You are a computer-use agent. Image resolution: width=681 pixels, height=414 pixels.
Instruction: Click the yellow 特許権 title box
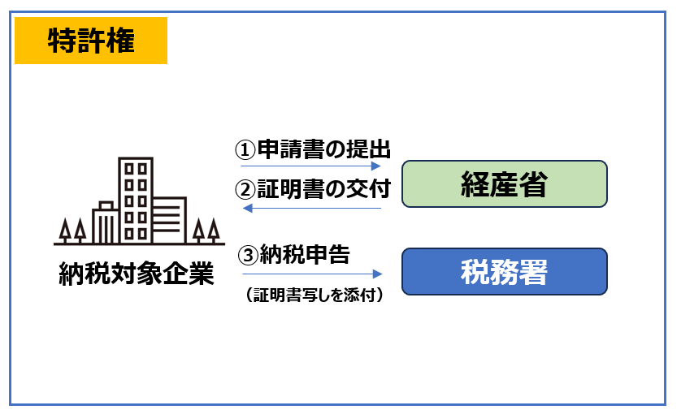91,41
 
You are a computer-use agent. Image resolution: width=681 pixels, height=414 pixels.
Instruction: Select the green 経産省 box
504,183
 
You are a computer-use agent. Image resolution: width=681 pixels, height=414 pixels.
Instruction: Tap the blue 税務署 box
504,272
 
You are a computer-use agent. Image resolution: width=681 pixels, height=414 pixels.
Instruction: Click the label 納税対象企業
137,274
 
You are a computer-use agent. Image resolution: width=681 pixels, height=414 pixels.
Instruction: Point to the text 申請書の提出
324,149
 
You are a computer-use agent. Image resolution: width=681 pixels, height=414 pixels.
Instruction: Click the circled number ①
245,149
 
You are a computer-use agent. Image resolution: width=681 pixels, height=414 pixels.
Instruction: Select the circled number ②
245,190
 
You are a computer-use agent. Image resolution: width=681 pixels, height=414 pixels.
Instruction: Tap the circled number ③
248,255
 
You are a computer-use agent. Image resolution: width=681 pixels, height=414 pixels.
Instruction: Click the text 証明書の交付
324,189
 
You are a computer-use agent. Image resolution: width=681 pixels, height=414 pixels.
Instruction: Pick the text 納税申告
305,254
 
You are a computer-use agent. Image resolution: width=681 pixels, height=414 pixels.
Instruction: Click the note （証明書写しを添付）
314,295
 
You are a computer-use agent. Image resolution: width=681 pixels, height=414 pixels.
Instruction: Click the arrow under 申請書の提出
311,166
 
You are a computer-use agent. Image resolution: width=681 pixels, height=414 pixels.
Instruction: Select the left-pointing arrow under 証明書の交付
312,209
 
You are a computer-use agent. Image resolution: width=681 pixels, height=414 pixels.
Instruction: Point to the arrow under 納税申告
312,274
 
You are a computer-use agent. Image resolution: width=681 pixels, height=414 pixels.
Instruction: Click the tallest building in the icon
136,201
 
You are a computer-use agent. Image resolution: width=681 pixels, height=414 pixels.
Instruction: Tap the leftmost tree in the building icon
65,230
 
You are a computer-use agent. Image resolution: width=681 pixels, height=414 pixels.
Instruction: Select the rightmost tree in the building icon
213,230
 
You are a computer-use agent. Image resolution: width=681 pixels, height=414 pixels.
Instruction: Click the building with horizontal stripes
169,221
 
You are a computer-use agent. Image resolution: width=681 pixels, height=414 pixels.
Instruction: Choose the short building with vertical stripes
106,223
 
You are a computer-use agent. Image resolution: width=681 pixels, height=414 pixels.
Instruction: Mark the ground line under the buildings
140,244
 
